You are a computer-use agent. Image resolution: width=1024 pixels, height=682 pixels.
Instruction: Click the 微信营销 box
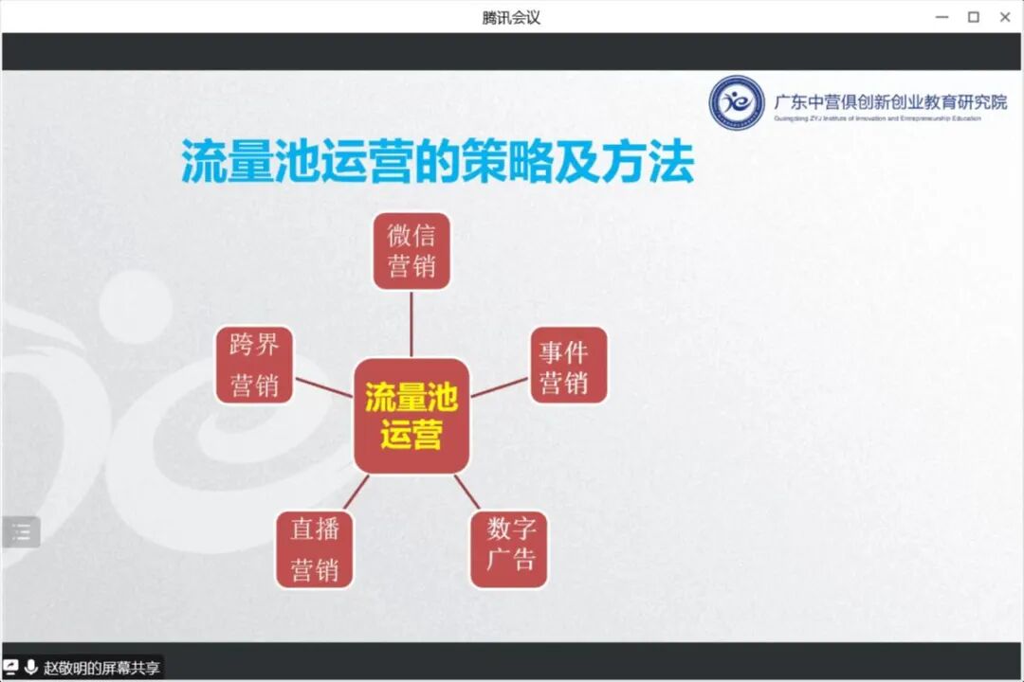(411, 251)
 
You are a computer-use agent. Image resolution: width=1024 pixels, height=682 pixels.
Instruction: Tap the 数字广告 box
(509, 549)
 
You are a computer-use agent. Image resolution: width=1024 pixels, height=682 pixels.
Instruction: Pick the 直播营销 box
(315, 549)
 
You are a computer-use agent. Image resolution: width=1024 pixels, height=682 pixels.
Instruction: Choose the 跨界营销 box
(254, 366)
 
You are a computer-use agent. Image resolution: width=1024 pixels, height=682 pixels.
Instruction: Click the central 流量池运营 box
(411, 416)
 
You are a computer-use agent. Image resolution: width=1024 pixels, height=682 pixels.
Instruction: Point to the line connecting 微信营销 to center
(411, 323)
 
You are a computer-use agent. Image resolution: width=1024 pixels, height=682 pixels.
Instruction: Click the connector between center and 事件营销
(499, 387)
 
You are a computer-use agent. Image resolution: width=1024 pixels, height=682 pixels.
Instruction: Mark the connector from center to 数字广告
(466, 492)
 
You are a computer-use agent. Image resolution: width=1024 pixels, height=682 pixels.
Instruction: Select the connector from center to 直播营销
(357, 492)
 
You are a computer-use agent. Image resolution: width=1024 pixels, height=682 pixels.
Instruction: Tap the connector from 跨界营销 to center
(323, 387)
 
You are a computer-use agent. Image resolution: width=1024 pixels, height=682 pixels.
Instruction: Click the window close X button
(1005, 17)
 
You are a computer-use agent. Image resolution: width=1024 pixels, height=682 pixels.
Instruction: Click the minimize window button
(942, 17)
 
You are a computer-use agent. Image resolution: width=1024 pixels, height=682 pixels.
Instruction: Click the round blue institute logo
(737, 102)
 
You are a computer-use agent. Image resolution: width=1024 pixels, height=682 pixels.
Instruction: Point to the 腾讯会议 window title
(511, 17)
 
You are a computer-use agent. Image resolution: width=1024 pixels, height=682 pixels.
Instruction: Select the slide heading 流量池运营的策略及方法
(437, 161)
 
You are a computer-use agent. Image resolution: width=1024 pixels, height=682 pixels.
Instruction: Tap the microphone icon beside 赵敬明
(31, 668)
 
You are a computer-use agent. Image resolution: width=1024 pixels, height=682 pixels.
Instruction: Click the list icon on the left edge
(21, 532)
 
